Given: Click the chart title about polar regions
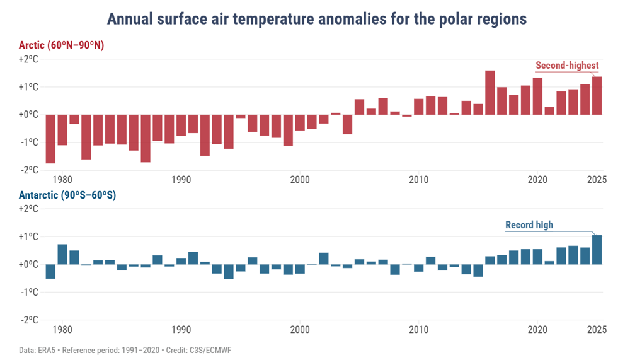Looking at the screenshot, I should (x=316, y=19).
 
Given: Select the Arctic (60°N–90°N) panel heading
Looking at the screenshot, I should (x=61, y=45).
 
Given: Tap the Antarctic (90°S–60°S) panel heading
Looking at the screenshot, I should (x=67, y=195).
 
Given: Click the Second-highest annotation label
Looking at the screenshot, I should (x=566, y=65).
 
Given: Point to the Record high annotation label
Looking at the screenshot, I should (x=529, y=225).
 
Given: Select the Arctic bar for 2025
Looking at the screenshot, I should (x=597, y=96).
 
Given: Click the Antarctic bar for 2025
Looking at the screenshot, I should (x=597, y=250).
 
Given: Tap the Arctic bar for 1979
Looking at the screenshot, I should (x=50, y=139).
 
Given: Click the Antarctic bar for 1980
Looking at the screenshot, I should (x=62, y=254).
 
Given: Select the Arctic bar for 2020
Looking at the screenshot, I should (x=537, y=96).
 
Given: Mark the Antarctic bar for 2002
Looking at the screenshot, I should (x=324, y=258).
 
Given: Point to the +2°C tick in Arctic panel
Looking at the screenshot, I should (x=29, y=59).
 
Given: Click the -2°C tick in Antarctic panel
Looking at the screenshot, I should (x=29, y=320).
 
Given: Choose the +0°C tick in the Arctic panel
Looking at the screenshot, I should (x=29, y=115).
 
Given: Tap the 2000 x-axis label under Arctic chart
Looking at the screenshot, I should (x=300, y=180).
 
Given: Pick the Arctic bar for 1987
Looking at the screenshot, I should (x=146, y=138).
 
